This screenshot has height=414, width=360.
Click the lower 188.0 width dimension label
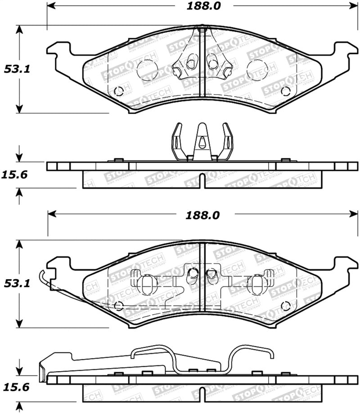point(202,215)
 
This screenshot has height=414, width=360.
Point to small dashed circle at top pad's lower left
point(119,91)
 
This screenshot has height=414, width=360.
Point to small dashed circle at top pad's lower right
point(285,91)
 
